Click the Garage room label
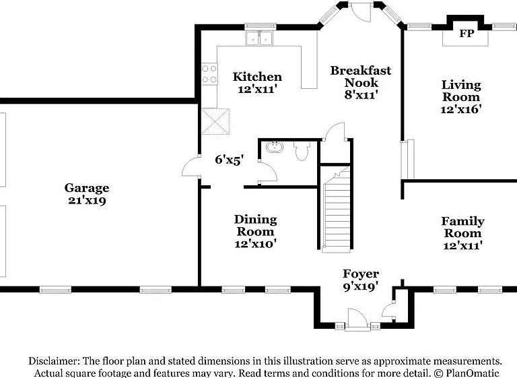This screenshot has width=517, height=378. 87,188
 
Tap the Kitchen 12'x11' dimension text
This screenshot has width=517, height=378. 257,89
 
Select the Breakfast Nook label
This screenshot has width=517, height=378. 361,76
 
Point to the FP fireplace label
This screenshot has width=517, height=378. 467,33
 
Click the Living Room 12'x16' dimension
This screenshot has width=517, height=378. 461,109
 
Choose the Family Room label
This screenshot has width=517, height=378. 463,227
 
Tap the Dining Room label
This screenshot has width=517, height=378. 256,226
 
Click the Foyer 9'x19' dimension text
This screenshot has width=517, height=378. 360,286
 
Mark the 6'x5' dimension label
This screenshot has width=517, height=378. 229,160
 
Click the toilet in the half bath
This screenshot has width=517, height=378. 302,151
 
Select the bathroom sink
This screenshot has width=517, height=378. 275,147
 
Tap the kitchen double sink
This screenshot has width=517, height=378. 259,38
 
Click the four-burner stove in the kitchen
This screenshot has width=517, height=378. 210,74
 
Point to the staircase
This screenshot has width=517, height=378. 336,210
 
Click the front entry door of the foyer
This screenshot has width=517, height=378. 357,319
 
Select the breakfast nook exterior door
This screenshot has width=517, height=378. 361,11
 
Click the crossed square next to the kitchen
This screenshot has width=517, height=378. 215,121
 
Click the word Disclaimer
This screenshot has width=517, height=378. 54,361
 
